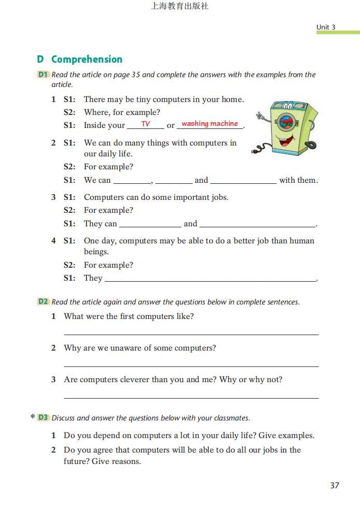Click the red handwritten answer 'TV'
146,124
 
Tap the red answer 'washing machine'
210,124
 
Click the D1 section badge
43,75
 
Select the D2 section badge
43,301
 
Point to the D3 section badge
43,417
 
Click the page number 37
334,485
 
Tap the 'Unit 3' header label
326,27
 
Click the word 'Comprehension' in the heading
87,59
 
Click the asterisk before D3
33,417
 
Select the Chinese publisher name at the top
180,7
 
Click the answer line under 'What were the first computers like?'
191,335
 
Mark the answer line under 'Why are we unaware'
191,366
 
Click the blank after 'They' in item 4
210,280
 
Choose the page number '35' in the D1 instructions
136,75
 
